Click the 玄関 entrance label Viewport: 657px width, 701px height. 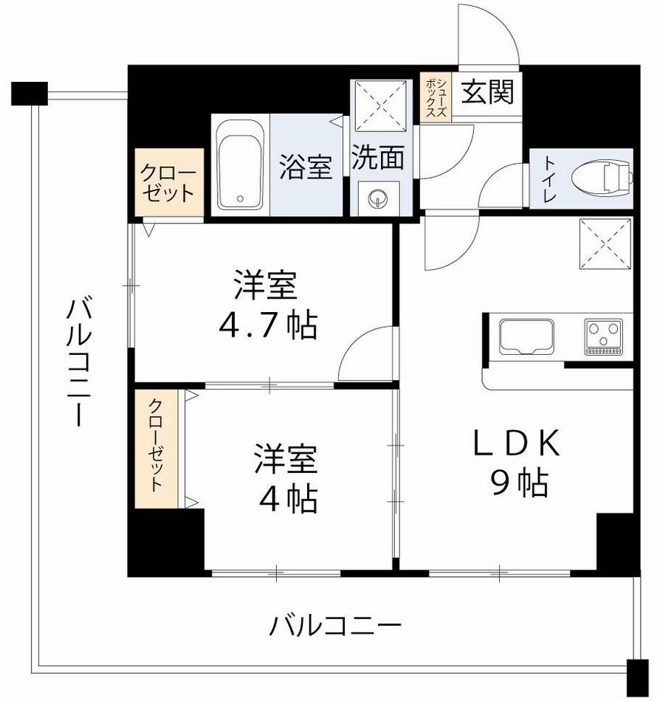486,93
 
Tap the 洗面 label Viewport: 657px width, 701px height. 377,159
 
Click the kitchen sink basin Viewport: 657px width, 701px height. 527,337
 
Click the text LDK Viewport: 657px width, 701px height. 517,445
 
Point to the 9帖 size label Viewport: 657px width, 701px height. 517,483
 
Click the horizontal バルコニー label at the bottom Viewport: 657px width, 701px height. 335,628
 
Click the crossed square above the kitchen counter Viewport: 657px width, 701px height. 605,245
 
